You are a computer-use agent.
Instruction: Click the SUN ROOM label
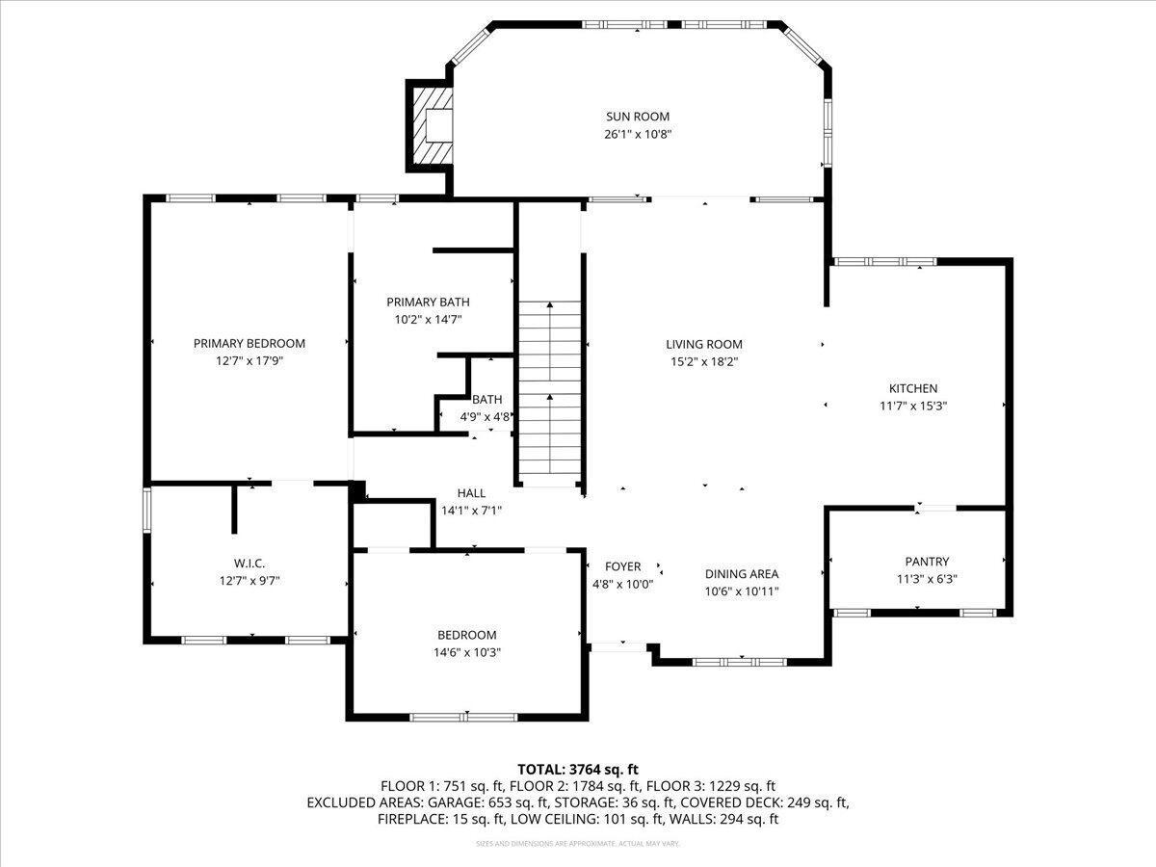(638, 117)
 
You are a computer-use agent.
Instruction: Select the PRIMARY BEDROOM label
(250, 343)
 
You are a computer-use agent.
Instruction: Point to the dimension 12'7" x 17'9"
(250, 361)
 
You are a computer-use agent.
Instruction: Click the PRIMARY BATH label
(428, 302)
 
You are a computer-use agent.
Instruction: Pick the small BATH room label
(486, 400)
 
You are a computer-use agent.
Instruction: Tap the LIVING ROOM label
(704, 344)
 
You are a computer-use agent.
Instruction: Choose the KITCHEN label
(913, 388)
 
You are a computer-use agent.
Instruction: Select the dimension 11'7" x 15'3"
(913, 406)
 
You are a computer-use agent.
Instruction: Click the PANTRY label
(927, 562)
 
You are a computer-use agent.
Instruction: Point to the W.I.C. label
(250, 564)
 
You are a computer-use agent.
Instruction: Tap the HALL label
(471, 493)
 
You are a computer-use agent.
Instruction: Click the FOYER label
(622, 566)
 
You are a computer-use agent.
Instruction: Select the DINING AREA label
(742, 574)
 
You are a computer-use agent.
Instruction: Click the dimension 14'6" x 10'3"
(466, 653)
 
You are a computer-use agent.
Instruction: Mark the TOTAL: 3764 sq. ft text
(578, 770)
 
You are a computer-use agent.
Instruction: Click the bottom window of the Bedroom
(464, 717)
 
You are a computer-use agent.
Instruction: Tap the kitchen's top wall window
(884, 262)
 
